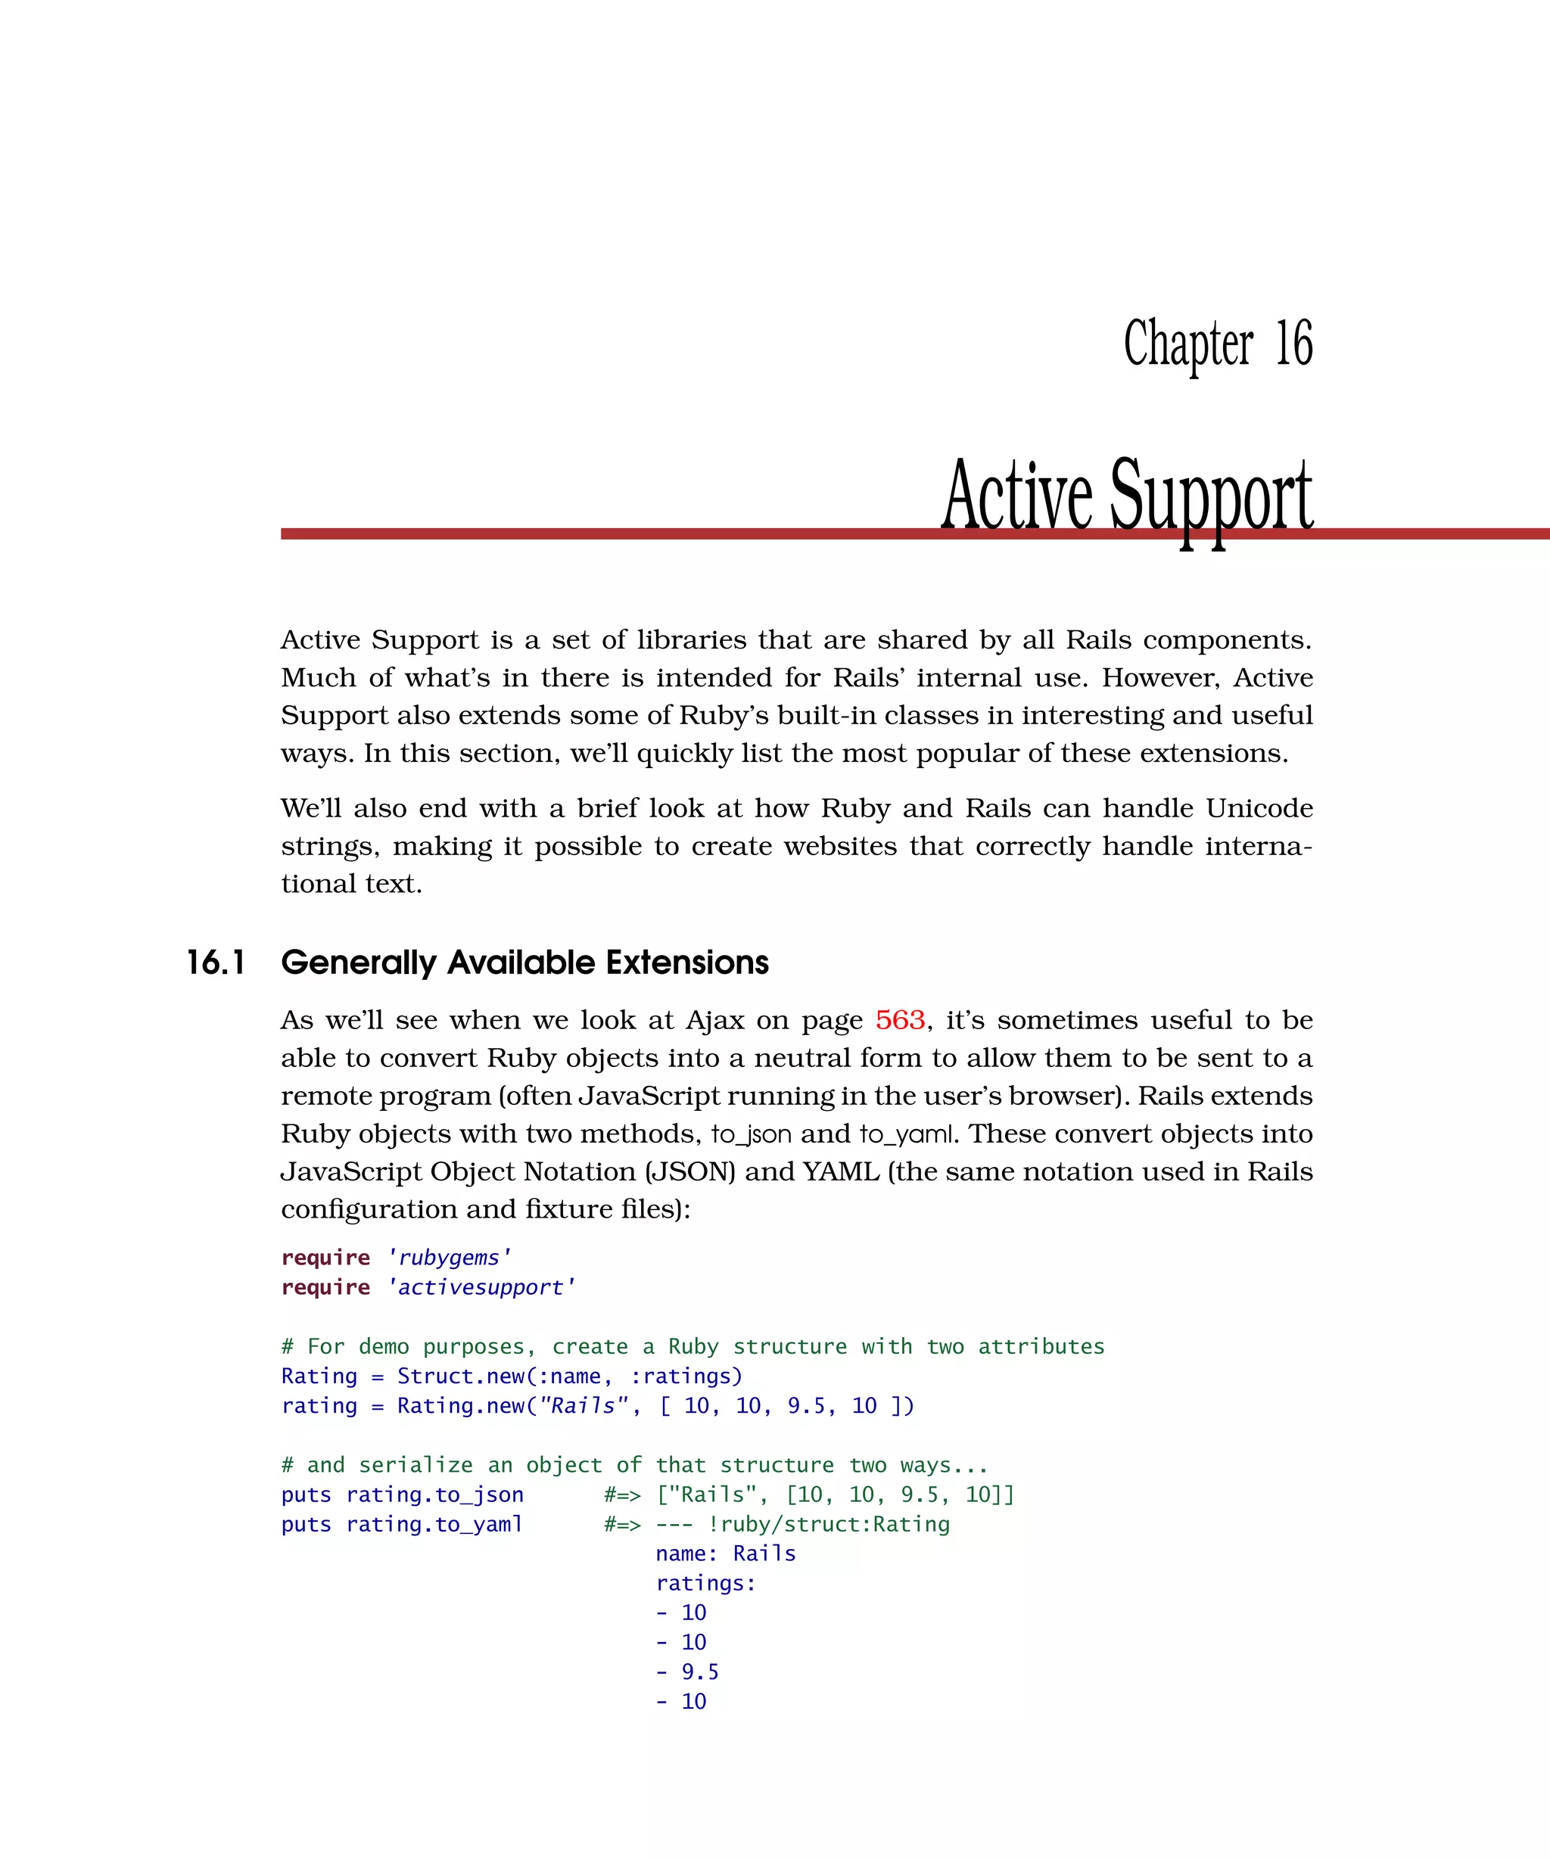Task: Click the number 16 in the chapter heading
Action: point(1293,344)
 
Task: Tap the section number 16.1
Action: point(216,963)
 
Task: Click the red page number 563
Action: point(900,1020)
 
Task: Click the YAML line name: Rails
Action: point(725,1554)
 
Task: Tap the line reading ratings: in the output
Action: point(706,1584)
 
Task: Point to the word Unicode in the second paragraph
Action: point(1259,809)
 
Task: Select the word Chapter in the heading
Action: point(1187,344)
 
